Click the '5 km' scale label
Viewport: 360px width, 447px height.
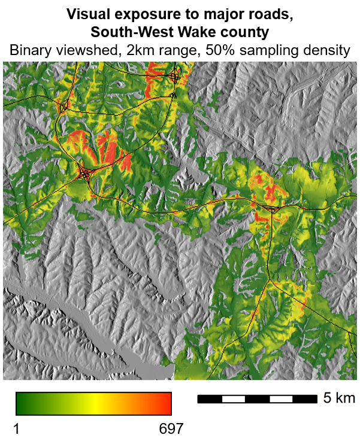[x=338, y=399]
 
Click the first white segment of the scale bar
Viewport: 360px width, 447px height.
[x=233, y=399]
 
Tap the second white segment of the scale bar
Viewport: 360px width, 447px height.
[x=281, y=399]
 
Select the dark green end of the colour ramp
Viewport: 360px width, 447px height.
[x=21, y=403]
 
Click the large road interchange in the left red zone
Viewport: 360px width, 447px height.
[x=85, y=174]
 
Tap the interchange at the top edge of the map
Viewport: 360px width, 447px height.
[x=174, y=76]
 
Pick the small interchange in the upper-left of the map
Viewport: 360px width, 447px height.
[x=62, y=108]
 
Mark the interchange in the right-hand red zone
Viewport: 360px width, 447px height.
[x=271, y=209]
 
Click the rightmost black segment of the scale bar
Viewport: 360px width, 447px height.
[x=305, y=399]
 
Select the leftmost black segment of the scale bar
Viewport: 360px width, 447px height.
[x=209, y=399]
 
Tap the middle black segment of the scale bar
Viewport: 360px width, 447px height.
[x=257, y=399]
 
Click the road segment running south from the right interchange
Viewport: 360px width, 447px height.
[x=271, y=245]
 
